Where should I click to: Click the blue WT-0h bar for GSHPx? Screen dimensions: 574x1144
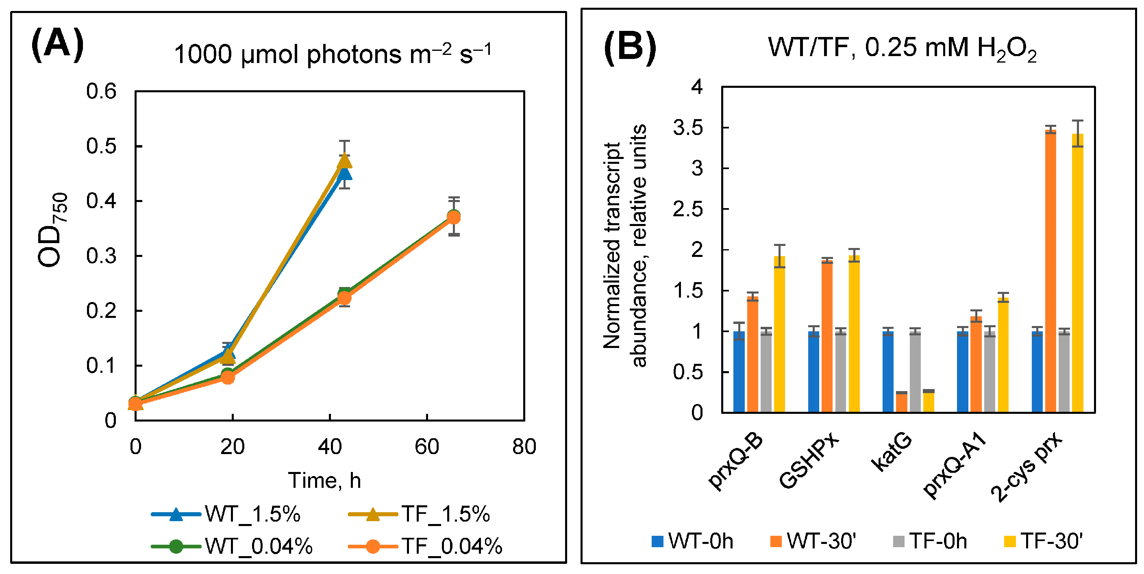813,372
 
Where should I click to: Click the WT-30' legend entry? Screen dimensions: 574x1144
812,541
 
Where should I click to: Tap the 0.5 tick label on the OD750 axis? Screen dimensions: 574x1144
101,146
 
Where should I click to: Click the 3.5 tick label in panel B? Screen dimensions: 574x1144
688,128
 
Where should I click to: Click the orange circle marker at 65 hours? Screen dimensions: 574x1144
453,217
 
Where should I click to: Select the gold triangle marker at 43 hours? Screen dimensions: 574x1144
345,161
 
